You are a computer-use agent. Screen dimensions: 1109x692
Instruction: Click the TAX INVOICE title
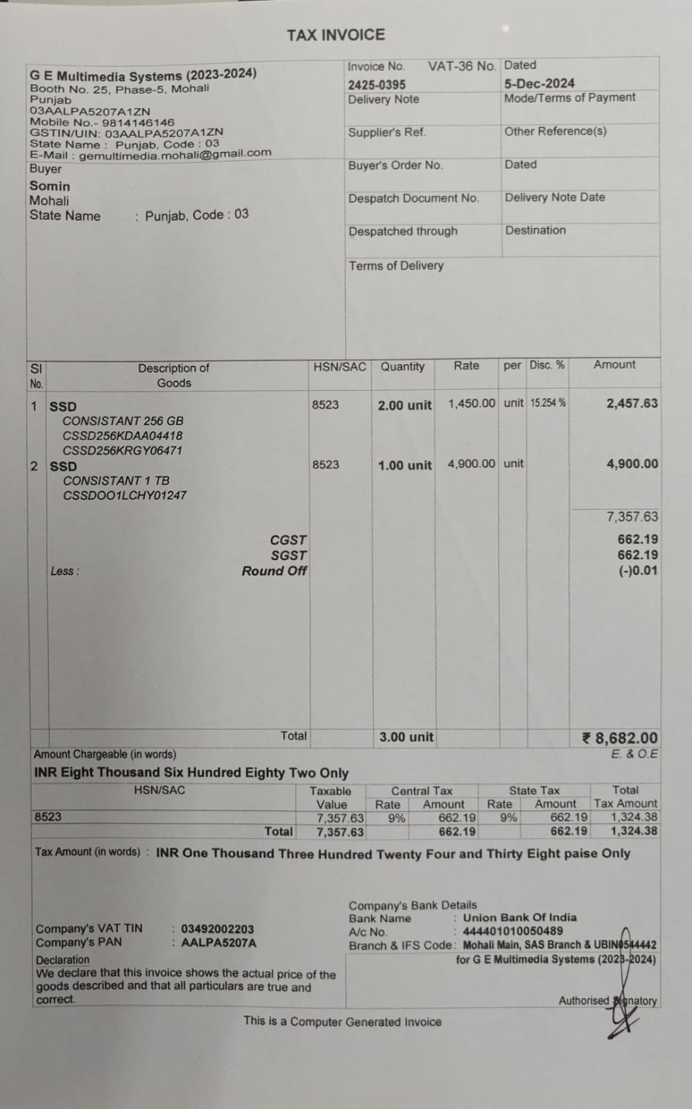coord(336,35)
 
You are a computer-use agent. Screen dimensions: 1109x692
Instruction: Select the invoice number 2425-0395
coord(377,85)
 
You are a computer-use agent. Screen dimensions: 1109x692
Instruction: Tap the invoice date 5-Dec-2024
coord(539,83)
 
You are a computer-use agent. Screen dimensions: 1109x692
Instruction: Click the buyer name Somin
coord(49,186)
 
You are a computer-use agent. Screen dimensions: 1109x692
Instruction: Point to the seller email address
coord(175,154)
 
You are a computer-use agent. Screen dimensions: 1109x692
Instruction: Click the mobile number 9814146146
coord(138,122)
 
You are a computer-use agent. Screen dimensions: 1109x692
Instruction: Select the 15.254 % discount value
coord(548,403)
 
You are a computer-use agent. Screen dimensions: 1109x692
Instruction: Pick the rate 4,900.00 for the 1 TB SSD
coord(471,464)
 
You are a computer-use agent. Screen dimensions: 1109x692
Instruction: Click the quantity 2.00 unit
coord(404,405)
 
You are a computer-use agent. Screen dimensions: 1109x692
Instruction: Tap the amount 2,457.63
coord(632,403)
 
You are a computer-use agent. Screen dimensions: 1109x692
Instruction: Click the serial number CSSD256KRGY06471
coord(123,451)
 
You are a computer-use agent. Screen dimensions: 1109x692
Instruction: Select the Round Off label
coord(274,571)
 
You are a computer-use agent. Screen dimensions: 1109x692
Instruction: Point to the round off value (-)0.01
coord(638,571)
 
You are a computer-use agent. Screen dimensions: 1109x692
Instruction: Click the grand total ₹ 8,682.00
coord(619,738)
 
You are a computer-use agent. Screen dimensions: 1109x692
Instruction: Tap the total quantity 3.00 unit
coord(406,737)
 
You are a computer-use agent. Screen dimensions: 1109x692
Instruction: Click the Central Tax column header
coord(421,791)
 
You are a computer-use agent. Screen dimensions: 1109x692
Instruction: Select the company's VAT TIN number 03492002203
coord(217,929)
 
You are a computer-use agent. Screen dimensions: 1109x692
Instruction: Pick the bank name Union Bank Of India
coord(519,918)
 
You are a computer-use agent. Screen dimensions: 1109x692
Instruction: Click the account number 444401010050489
coord(512,932)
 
